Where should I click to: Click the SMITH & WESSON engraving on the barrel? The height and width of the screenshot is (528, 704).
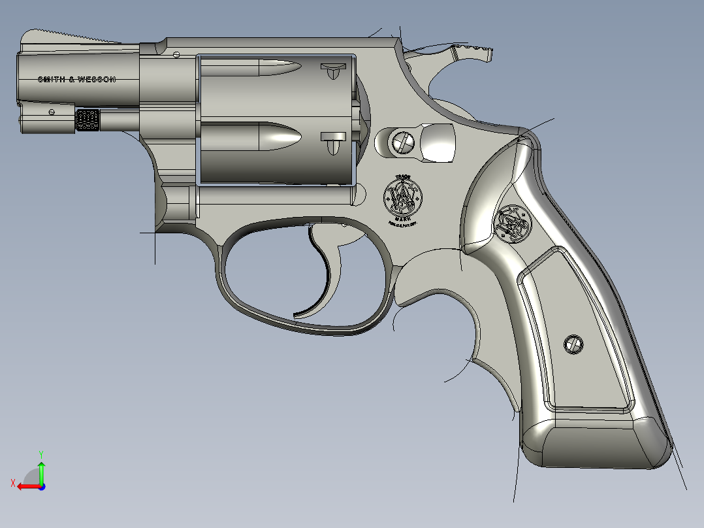[77, 79]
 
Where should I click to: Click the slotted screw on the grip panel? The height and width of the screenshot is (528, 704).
[573, 344]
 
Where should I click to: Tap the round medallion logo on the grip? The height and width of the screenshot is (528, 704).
[514, 222]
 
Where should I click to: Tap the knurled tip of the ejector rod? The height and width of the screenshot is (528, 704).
[88, 120]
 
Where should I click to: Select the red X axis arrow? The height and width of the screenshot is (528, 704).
[25, 486]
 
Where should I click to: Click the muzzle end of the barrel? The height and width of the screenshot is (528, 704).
[18, 78]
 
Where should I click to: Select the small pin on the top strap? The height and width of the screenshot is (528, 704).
[176, 54]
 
